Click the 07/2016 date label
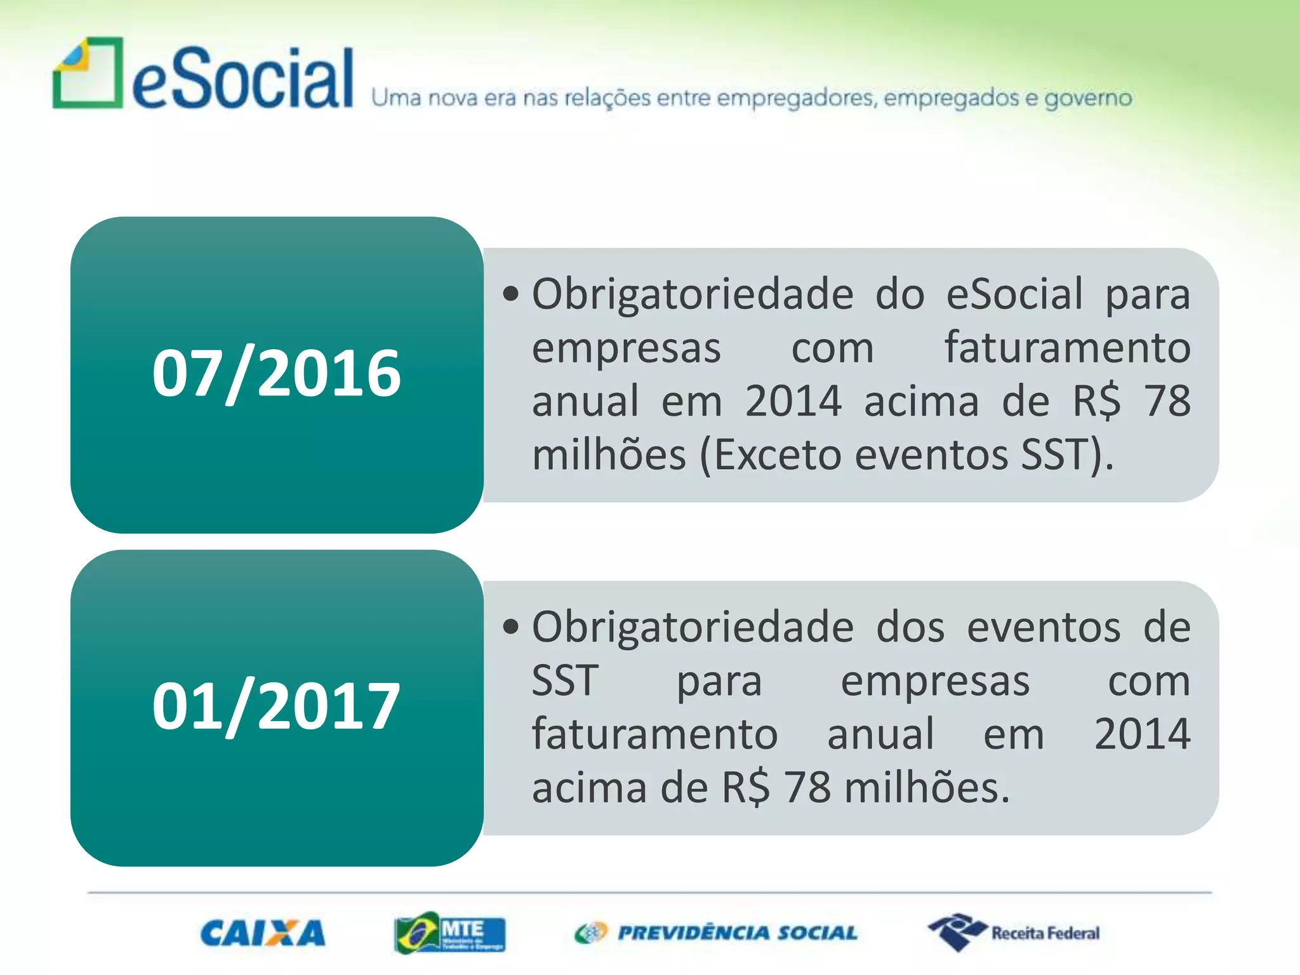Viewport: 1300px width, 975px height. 276,374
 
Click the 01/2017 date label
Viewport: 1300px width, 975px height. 276,706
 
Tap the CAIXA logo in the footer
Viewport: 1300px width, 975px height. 263,933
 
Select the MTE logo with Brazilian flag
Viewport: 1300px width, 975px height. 449,933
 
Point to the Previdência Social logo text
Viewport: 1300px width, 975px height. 736,933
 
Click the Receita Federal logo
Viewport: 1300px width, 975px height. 1014,933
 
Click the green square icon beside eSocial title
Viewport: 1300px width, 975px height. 88,73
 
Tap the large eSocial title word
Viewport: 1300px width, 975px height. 242,79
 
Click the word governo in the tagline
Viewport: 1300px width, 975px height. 1088,98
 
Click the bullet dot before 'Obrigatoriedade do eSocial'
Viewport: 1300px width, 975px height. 510,294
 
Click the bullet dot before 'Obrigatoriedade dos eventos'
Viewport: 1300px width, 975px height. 510,627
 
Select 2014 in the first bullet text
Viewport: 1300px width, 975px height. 793,401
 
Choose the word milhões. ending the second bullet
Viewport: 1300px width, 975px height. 927,788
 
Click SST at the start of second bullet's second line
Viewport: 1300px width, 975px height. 565,681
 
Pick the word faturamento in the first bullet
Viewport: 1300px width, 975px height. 1067,348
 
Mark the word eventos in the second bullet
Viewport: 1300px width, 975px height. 1044,627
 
